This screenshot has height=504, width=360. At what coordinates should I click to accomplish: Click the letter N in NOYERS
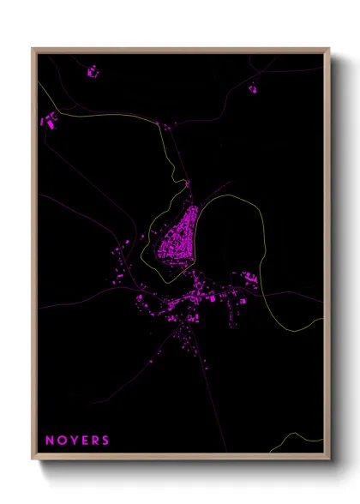[x=49, y=441]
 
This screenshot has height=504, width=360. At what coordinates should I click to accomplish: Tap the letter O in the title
[x=61, y=441]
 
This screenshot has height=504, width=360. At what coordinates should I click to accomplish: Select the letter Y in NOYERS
[x=73, y=441]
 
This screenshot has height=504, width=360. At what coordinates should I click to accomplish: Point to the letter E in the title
[x=84, y=441]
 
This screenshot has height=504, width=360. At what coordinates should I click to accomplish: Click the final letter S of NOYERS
[x=105, y=441]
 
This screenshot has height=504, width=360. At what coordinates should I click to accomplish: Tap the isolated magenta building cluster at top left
[x=93, y=73]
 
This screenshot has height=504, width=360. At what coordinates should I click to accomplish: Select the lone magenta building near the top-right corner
[x=253, y=88]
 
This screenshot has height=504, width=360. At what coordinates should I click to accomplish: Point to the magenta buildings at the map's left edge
[x=49, y=123]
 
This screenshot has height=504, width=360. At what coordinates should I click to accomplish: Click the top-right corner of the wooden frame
[x=328, y=49]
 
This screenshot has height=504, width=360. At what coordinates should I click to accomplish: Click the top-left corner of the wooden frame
[x=33, y=49]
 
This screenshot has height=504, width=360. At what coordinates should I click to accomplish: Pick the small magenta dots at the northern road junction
[x=164, y=126]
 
